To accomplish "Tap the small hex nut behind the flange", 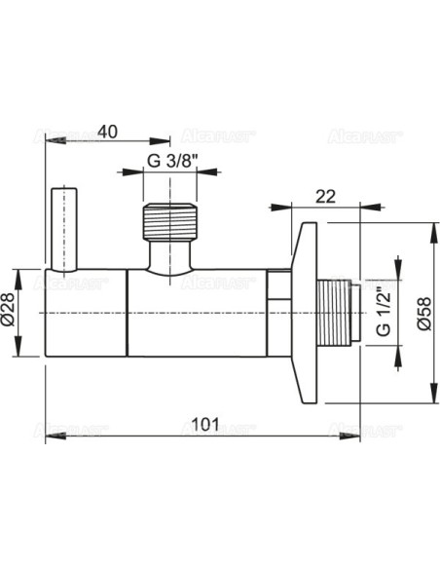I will (x=279, y=286).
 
